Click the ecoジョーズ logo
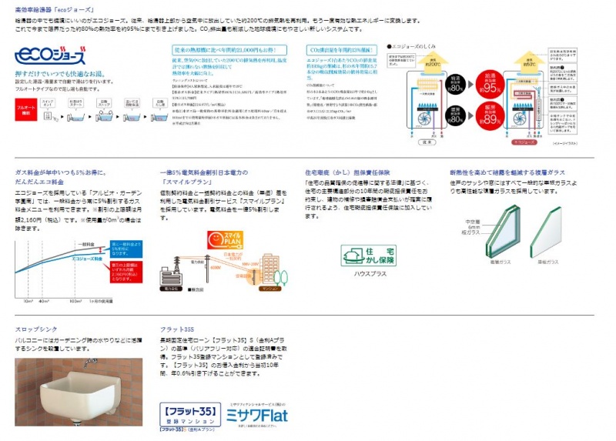click(x=50, y=55)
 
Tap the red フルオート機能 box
click(x=26, y=115)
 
